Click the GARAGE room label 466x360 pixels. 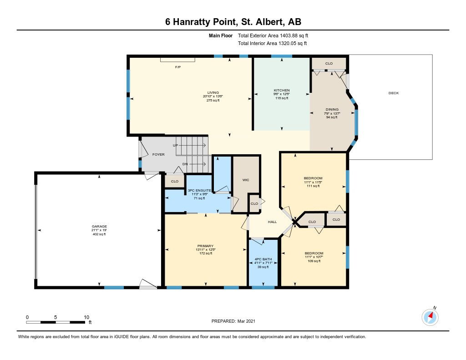point(99,226)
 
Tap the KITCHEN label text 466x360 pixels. point(282,90)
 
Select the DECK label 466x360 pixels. point(394,93)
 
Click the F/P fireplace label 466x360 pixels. point(178,67)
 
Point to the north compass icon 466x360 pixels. point(430,317)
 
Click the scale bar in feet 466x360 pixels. point(56,322)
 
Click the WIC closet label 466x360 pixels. point(246,180)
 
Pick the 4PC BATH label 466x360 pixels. point(263,259)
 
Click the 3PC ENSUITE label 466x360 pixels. point(199,191)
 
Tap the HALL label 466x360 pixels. point(272,222)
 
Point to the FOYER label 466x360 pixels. point(158,154)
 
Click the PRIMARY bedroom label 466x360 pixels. point(205,246)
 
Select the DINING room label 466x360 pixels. point(332,109)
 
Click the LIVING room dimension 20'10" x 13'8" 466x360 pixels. point(213,96)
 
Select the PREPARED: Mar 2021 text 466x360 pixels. point(233,321)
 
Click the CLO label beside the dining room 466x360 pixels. point(329,63)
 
